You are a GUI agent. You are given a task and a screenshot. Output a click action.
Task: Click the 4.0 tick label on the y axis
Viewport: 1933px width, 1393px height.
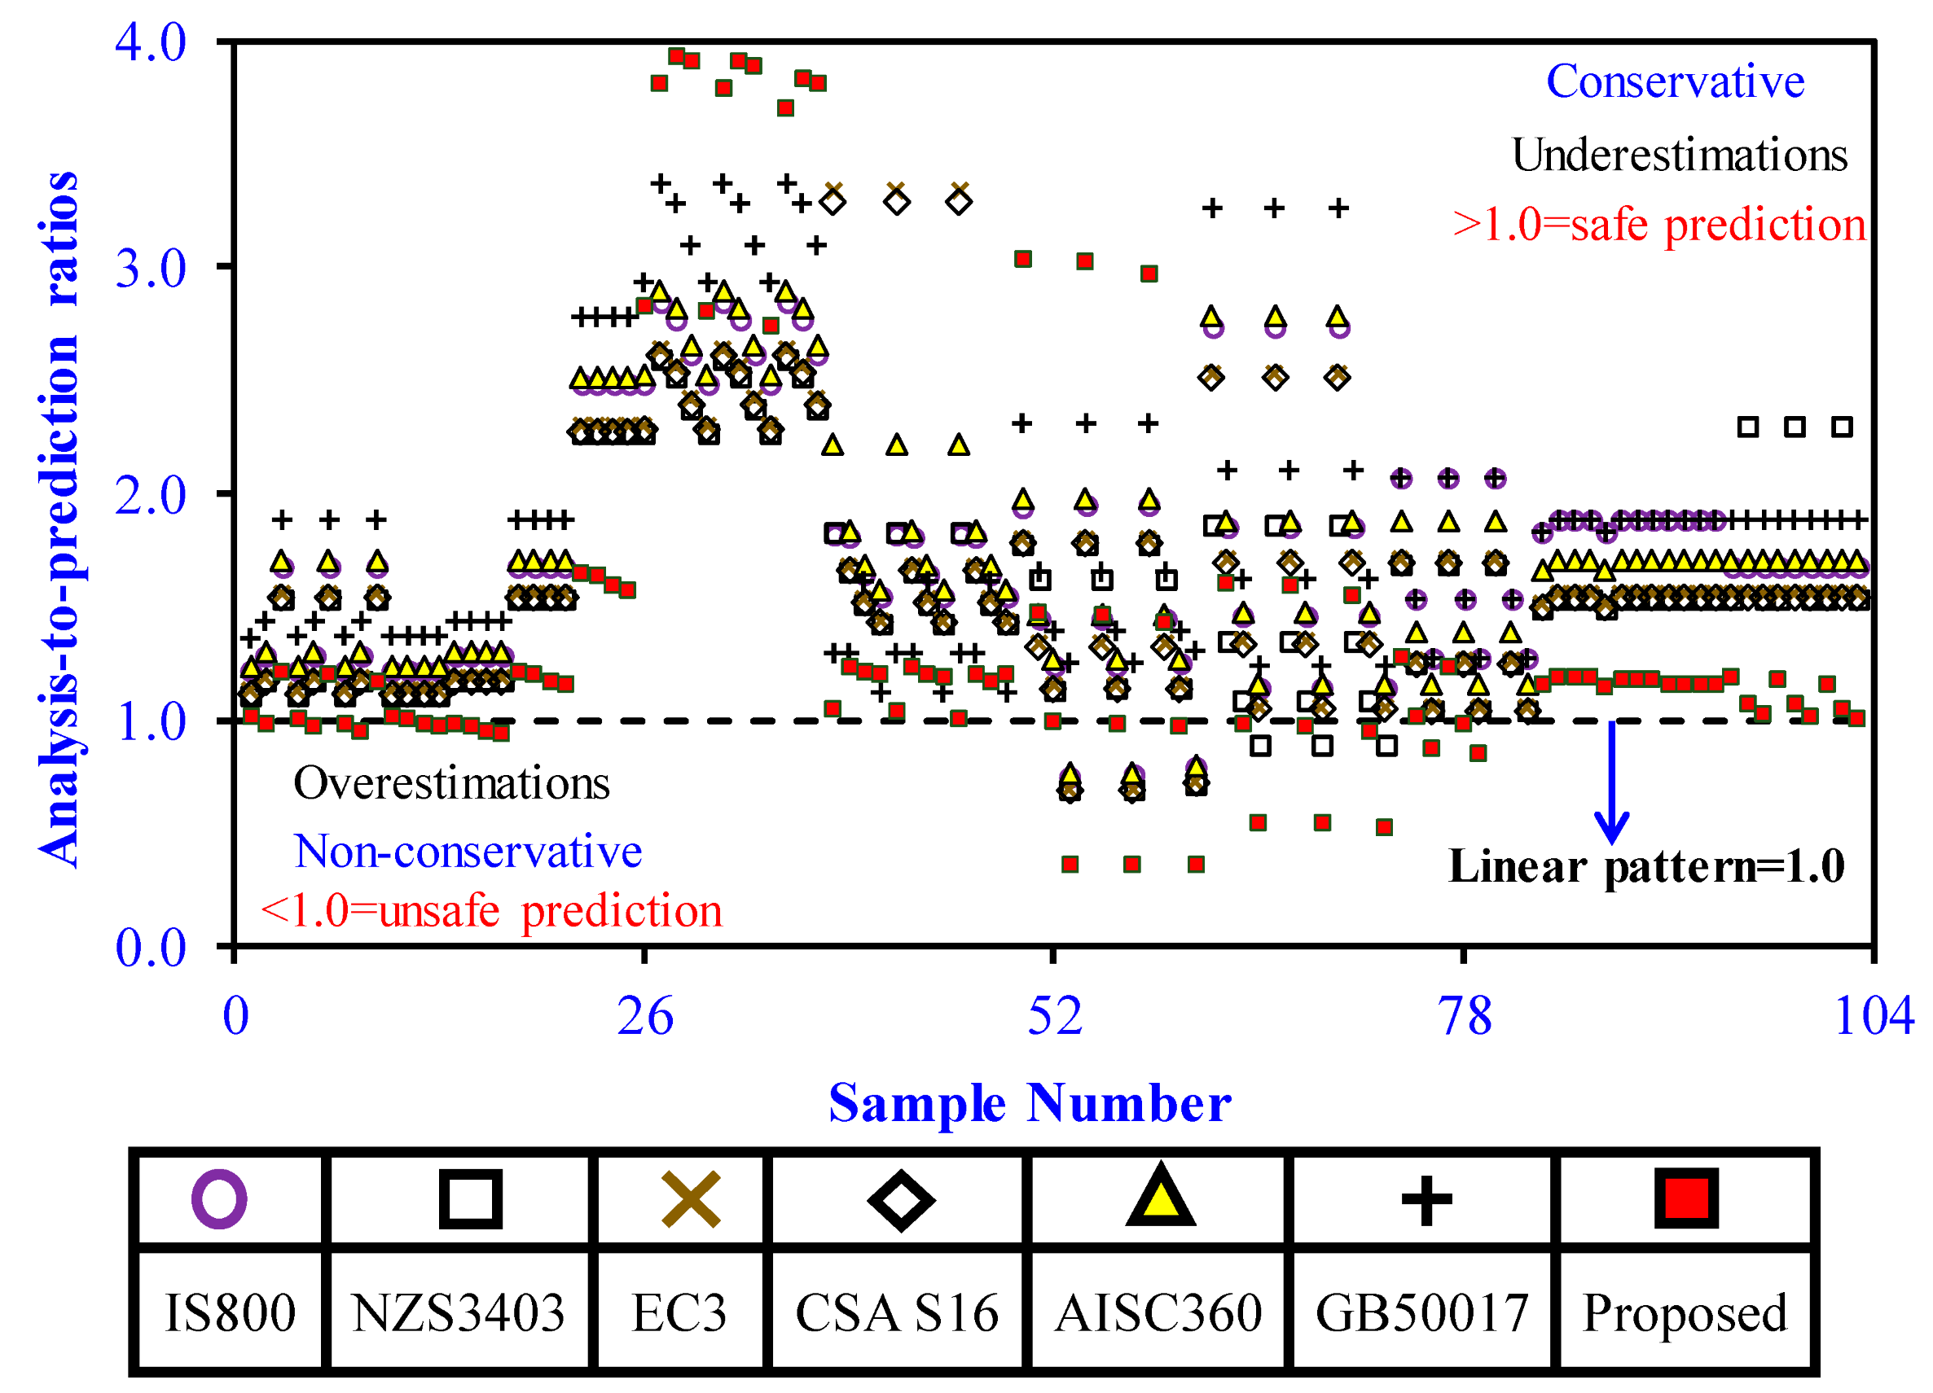click(150, 42)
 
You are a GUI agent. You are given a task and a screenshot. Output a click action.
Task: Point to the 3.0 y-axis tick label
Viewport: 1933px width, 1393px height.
click(150, 269)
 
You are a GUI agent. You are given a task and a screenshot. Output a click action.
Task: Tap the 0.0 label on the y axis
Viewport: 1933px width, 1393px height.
click(150, 948)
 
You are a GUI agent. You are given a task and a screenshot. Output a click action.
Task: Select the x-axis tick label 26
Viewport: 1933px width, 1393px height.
click(645, 1016)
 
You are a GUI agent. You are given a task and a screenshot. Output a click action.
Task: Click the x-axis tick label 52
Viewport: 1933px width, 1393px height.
click(1054, 1016)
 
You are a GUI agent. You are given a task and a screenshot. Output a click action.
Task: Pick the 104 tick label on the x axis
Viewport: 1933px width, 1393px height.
click(1874, 1016)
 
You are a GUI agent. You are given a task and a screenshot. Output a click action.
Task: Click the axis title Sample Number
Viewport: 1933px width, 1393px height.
click(1030, 1104)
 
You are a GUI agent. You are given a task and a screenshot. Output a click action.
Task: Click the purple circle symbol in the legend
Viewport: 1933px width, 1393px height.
click(219, 1199)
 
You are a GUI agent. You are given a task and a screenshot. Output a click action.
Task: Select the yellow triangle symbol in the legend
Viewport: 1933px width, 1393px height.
click(1161, 1197)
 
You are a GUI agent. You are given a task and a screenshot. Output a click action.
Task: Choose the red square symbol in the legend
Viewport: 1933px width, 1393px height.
click(1686, 1198)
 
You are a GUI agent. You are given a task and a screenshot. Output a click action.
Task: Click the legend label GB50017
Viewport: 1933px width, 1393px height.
click(1421, 1313)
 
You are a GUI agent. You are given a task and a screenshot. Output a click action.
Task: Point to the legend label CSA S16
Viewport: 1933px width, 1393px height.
click(897, 1313)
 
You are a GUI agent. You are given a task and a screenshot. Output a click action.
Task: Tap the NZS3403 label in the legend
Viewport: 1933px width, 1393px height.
click(458, 1313)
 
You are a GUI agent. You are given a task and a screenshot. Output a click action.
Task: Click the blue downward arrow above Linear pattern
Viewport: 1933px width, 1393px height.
click(1612, 784)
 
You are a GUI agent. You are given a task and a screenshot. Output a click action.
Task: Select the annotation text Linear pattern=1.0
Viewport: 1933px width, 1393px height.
click(1646, 867)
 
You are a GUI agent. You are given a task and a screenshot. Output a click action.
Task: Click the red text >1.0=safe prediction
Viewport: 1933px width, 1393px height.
click(1658, 226)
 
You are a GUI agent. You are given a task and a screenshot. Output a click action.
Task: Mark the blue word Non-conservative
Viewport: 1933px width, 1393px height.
click(468, 851)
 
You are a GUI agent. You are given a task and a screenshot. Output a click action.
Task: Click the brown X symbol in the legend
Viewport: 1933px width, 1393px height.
click(692, 1199)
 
